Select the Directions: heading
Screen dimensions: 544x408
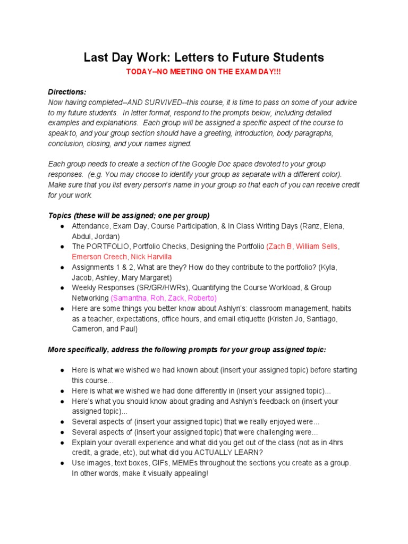(x=67, y=92)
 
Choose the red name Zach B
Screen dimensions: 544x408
(x=279, y=246)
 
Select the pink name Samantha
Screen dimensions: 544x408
(x=130, y=298)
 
